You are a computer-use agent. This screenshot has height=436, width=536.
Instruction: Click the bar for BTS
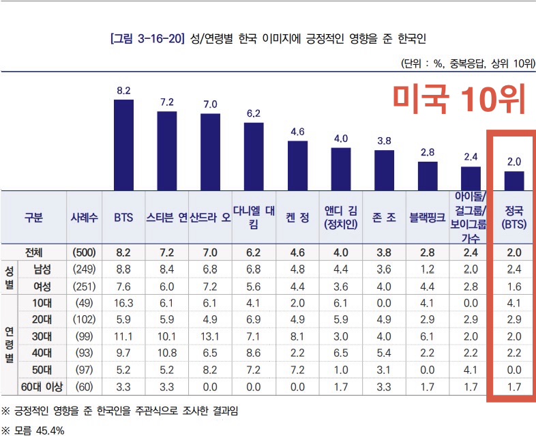123,144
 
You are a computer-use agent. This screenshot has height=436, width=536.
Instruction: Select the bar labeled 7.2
167,150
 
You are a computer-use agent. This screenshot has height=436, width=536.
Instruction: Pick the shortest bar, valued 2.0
514,180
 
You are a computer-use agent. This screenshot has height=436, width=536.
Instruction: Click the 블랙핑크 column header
427,218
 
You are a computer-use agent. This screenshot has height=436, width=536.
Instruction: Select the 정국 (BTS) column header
513,218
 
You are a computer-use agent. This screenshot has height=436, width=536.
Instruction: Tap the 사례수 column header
85,218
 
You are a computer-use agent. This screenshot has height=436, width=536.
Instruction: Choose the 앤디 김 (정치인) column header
341,218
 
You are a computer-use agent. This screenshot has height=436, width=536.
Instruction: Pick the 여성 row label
42,286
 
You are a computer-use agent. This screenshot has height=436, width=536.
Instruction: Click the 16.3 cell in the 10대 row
123,303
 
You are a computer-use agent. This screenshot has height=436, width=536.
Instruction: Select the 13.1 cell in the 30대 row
211,337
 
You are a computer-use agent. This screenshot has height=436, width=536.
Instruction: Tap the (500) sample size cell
85,252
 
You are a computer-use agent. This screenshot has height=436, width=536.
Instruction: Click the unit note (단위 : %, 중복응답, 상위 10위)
468,63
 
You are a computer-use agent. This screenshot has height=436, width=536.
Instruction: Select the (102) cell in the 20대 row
85,320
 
